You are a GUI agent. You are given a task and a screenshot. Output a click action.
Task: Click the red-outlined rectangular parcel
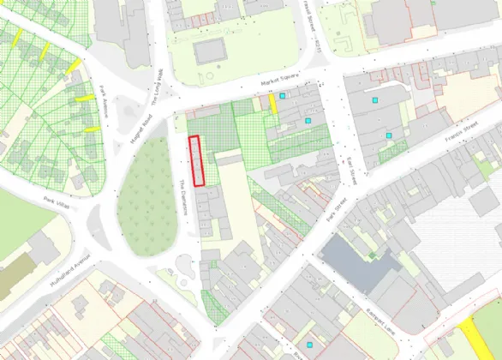point(197,160)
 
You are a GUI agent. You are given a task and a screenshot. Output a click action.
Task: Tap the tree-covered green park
point(149,197)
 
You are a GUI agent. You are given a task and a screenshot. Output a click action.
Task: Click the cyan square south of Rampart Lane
point(298,345)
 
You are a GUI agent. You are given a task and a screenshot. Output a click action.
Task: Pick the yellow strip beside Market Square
point(273,104)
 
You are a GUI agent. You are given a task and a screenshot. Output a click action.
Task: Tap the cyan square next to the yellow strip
point(282,107)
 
